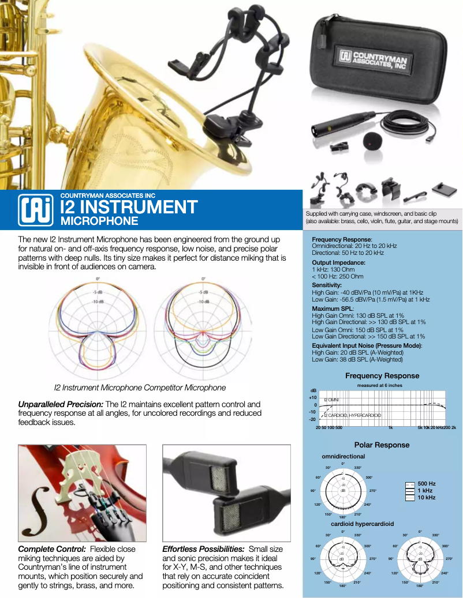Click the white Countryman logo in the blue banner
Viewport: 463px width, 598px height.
click(33, 209)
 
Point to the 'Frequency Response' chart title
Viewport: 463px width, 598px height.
click(382, 376)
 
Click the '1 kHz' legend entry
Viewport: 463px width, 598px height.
click(426, 490)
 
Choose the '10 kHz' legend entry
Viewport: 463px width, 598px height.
click(427, 497)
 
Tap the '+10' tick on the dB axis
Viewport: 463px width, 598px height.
click(313, 398)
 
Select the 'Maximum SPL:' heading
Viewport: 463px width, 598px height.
click(333, 309)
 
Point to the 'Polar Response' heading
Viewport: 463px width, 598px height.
click(382, 445)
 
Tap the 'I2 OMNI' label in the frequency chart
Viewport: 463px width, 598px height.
click(331, 400)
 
